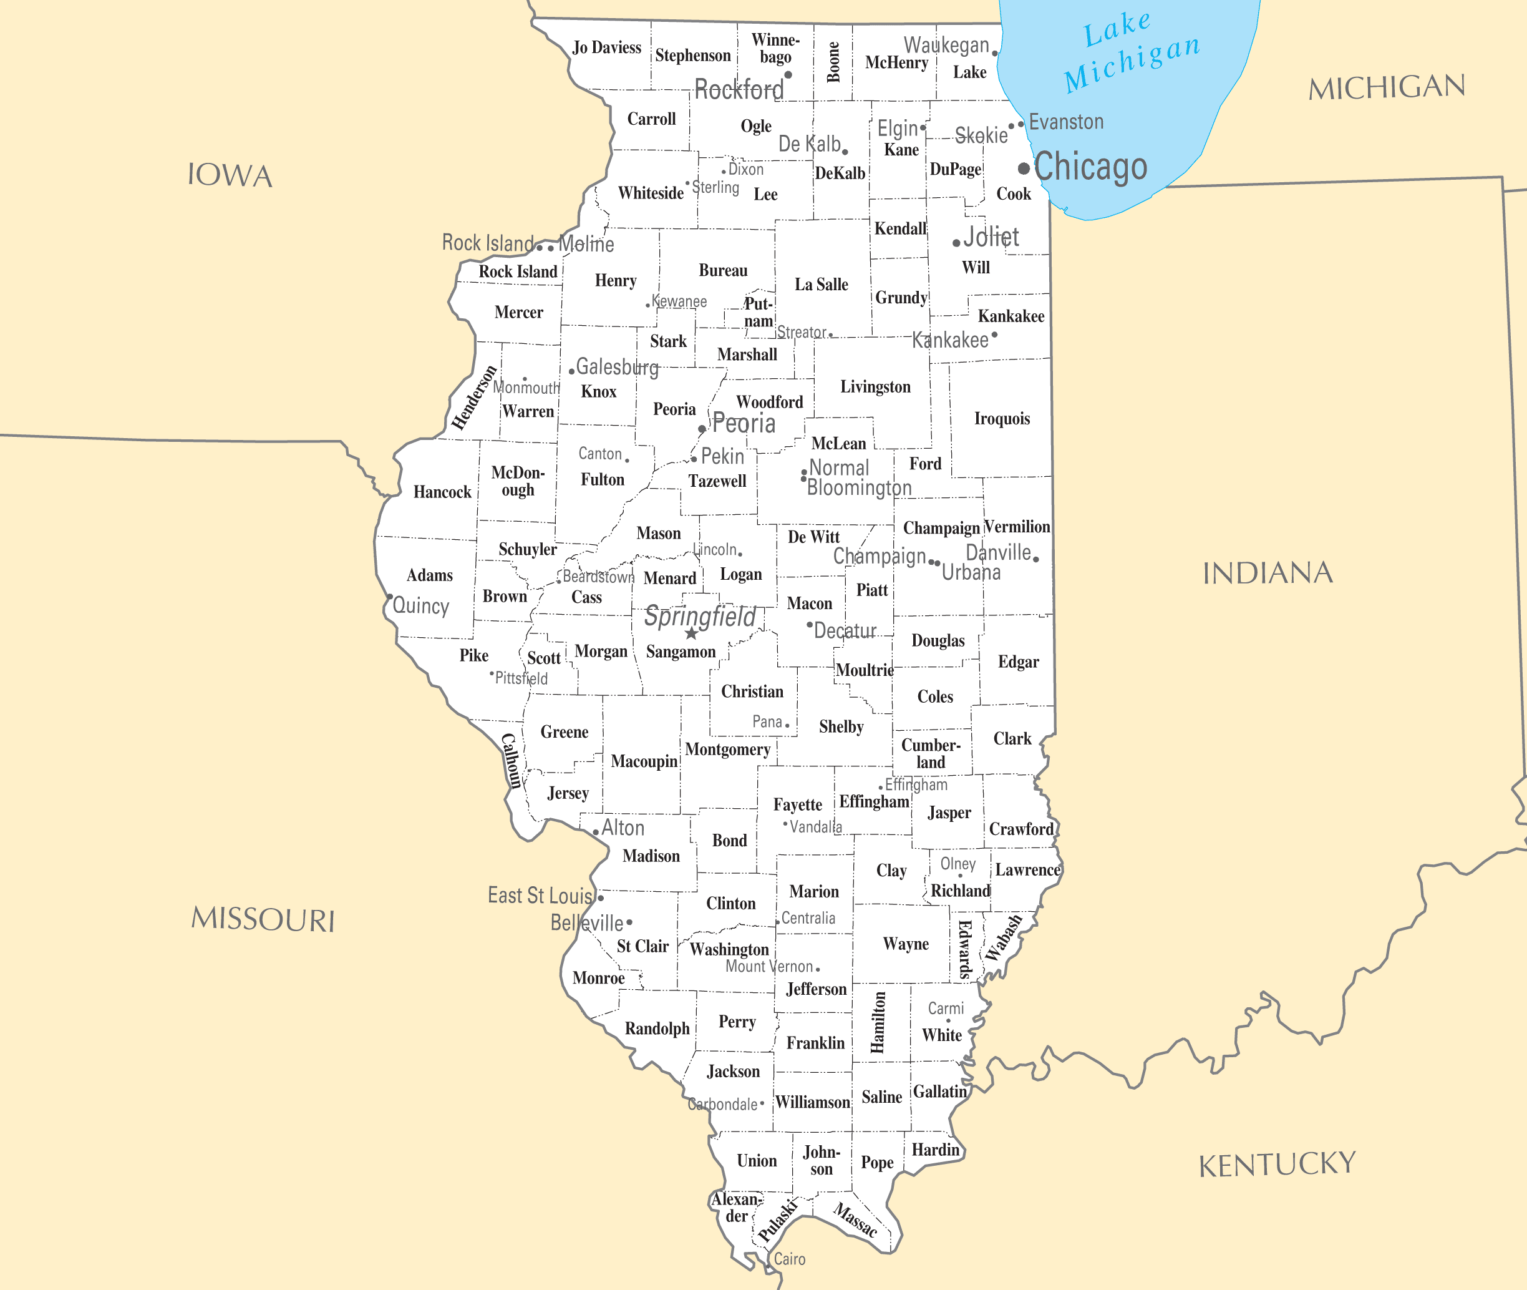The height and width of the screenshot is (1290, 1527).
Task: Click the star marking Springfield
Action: click(691, 633)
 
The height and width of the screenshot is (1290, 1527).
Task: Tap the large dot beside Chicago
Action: click(1024, 169)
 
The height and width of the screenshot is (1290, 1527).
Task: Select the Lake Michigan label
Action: click(1131, 52)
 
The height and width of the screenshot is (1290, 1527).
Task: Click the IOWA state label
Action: click(230, 175)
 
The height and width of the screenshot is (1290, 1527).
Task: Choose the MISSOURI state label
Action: click(263, 919)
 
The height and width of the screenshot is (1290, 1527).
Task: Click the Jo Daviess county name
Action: click(607, 48)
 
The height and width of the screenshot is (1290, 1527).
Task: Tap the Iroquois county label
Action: click(1001, 418)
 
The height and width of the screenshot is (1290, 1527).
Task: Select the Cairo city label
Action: click(790, 1259)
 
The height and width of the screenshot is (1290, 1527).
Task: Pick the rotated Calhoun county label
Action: click(511, 761)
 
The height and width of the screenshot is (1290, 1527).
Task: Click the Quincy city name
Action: click(421, 605)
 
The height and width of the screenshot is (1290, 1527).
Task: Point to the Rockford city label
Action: click(739, 90)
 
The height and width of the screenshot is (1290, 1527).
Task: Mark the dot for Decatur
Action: click(809, 625)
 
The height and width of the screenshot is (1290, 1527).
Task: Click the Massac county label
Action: click(855, 1220)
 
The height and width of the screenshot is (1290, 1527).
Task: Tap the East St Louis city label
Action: click(540, 896)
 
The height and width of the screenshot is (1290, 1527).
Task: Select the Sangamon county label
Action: click(681, 652)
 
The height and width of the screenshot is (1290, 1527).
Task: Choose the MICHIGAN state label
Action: click(1387, 88)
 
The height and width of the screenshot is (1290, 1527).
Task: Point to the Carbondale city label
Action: click(722, 1104)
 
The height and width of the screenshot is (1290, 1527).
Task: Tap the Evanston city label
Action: click(1066, 122)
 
